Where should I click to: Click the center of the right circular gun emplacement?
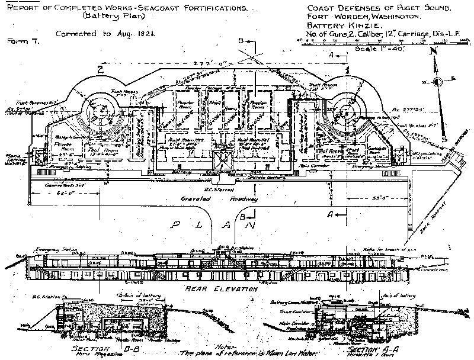(348, 111)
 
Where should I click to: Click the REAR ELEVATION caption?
(220, 289)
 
